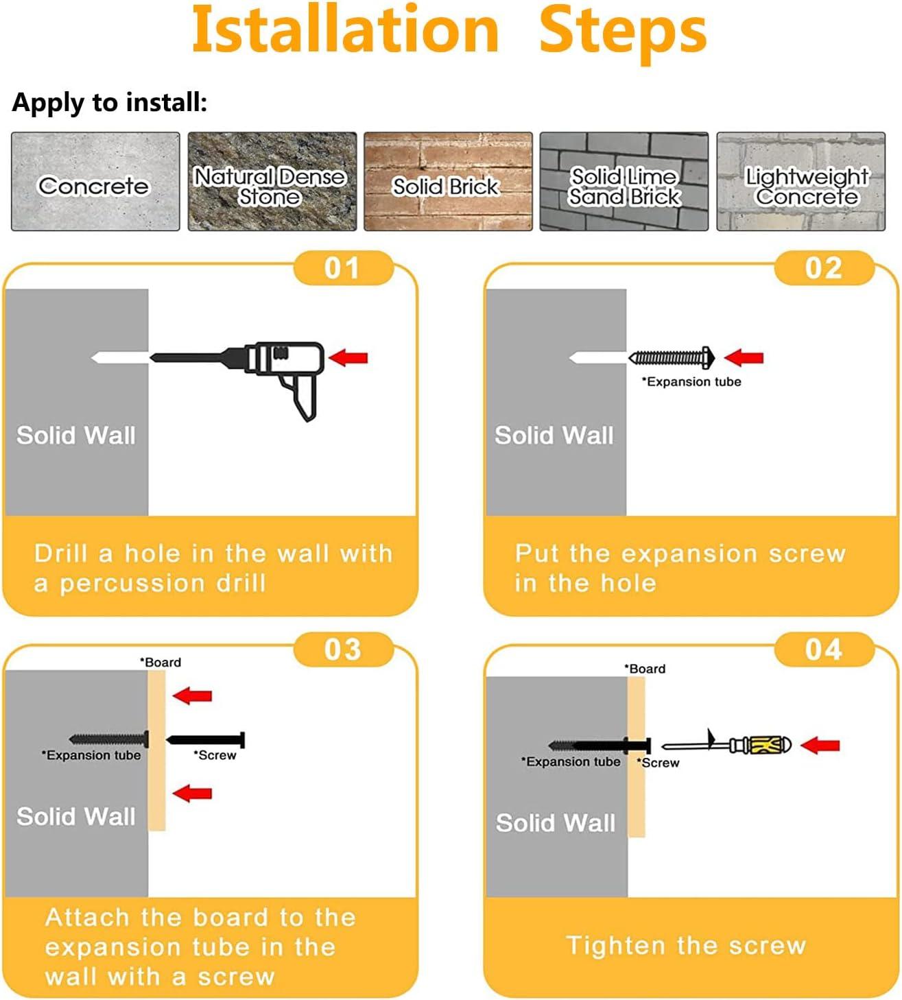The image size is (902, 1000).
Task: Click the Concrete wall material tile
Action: (x=95, y=182)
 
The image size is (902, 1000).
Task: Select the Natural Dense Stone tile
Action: (x=272, y=182)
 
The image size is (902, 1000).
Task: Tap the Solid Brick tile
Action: (x=448, y=182)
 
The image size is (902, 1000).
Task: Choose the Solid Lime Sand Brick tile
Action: (x=624, y=182)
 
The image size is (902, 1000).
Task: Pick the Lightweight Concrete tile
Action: (x=800, y=182)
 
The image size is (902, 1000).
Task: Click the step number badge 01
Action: (x=344, y=268)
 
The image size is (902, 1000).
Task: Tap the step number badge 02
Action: (x=824, y=268)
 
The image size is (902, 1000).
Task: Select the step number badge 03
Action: (x=344, y=650)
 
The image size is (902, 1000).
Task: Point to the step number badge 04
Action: (x=824, y=650)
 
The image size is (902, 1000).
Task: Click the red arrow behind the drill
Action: (x=348, y=358)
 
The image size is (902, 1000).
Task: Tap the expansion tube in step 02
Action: (x=671, y=358)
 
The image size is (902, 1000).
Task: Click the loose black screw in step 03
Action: (x=205, y=740)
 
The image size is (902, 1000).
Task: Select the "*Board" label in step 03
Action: (x=161, y=663)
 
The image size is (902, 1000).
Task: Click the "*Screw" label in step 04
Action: (x=658, y=763)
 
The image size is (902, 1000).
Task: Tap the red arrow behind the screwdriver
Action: (x=820, y=746)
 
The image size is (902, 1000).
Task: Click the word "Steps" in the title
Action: (x=624, y=32)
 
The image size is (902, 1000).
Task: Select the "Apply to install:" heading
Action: (x=109, y=103)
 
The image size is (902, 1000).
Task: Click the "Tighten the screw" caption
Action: (x=686, y=946)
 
